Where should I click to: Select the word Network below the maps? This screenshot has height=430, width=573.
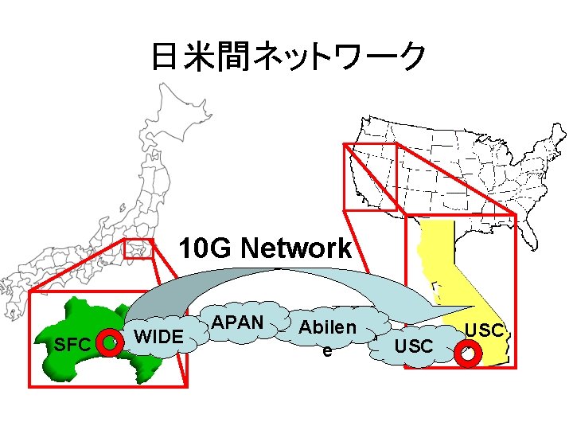(x=296, y=248)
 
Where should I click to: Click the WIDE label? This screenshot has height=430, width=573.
(x=159, y=337)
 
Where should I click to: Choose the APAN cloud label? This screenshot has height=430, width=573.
(x=239, y=322)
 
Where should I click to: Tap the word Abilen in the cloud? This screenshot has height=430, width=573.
(x=327, y=328)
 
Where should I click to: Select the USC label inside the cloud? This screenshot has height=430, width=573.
(x=414, y=346)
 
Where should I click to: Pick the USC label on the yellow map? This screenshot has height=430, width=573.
(x=485, y=329)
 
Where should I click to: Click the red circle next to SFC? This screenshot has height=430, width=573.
(x=108, y=343)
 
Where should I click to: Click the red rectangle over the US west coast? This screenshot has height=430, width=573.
(x=369, y=179)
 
